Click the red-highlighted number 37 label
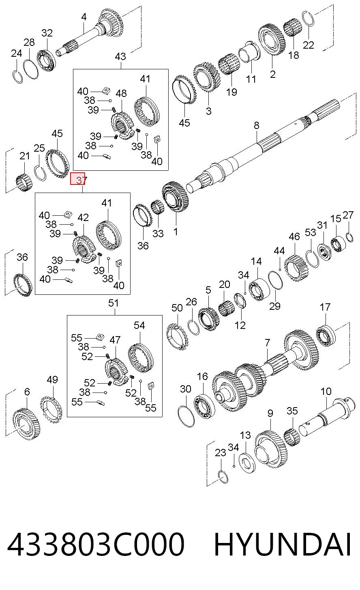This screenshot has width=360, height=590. pos(77,178)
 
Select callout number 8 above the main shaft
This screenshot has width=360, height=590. pos(257,125)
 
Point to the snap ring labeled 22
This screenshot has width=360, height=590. pos(308,19)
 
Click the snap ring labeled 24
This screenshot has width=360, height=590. pos(18,76)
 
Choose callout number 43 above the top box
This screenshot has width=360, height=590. pos(120,56)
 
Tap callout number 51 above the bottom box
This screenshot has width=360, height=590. pos(113,303)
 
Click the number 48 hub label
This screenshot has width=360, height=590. pos(121,93)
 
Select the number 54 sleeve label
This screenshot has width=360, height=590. pos(139,325)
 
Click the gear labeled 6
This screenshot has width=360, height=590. pos(27,423)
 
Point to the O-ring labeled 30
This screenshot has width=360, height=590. pos(186,417)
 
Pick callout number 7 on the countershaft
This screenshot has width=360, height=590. pos(267,343)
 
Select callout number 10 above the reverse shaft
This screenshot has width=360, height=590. pos(326,391)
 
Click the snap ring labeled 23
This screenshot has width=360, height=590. pos(224,477)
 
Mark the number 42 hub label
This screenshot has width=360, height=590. pos(83,217)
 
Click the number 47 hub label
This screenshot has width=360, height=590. pos(115,340)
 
